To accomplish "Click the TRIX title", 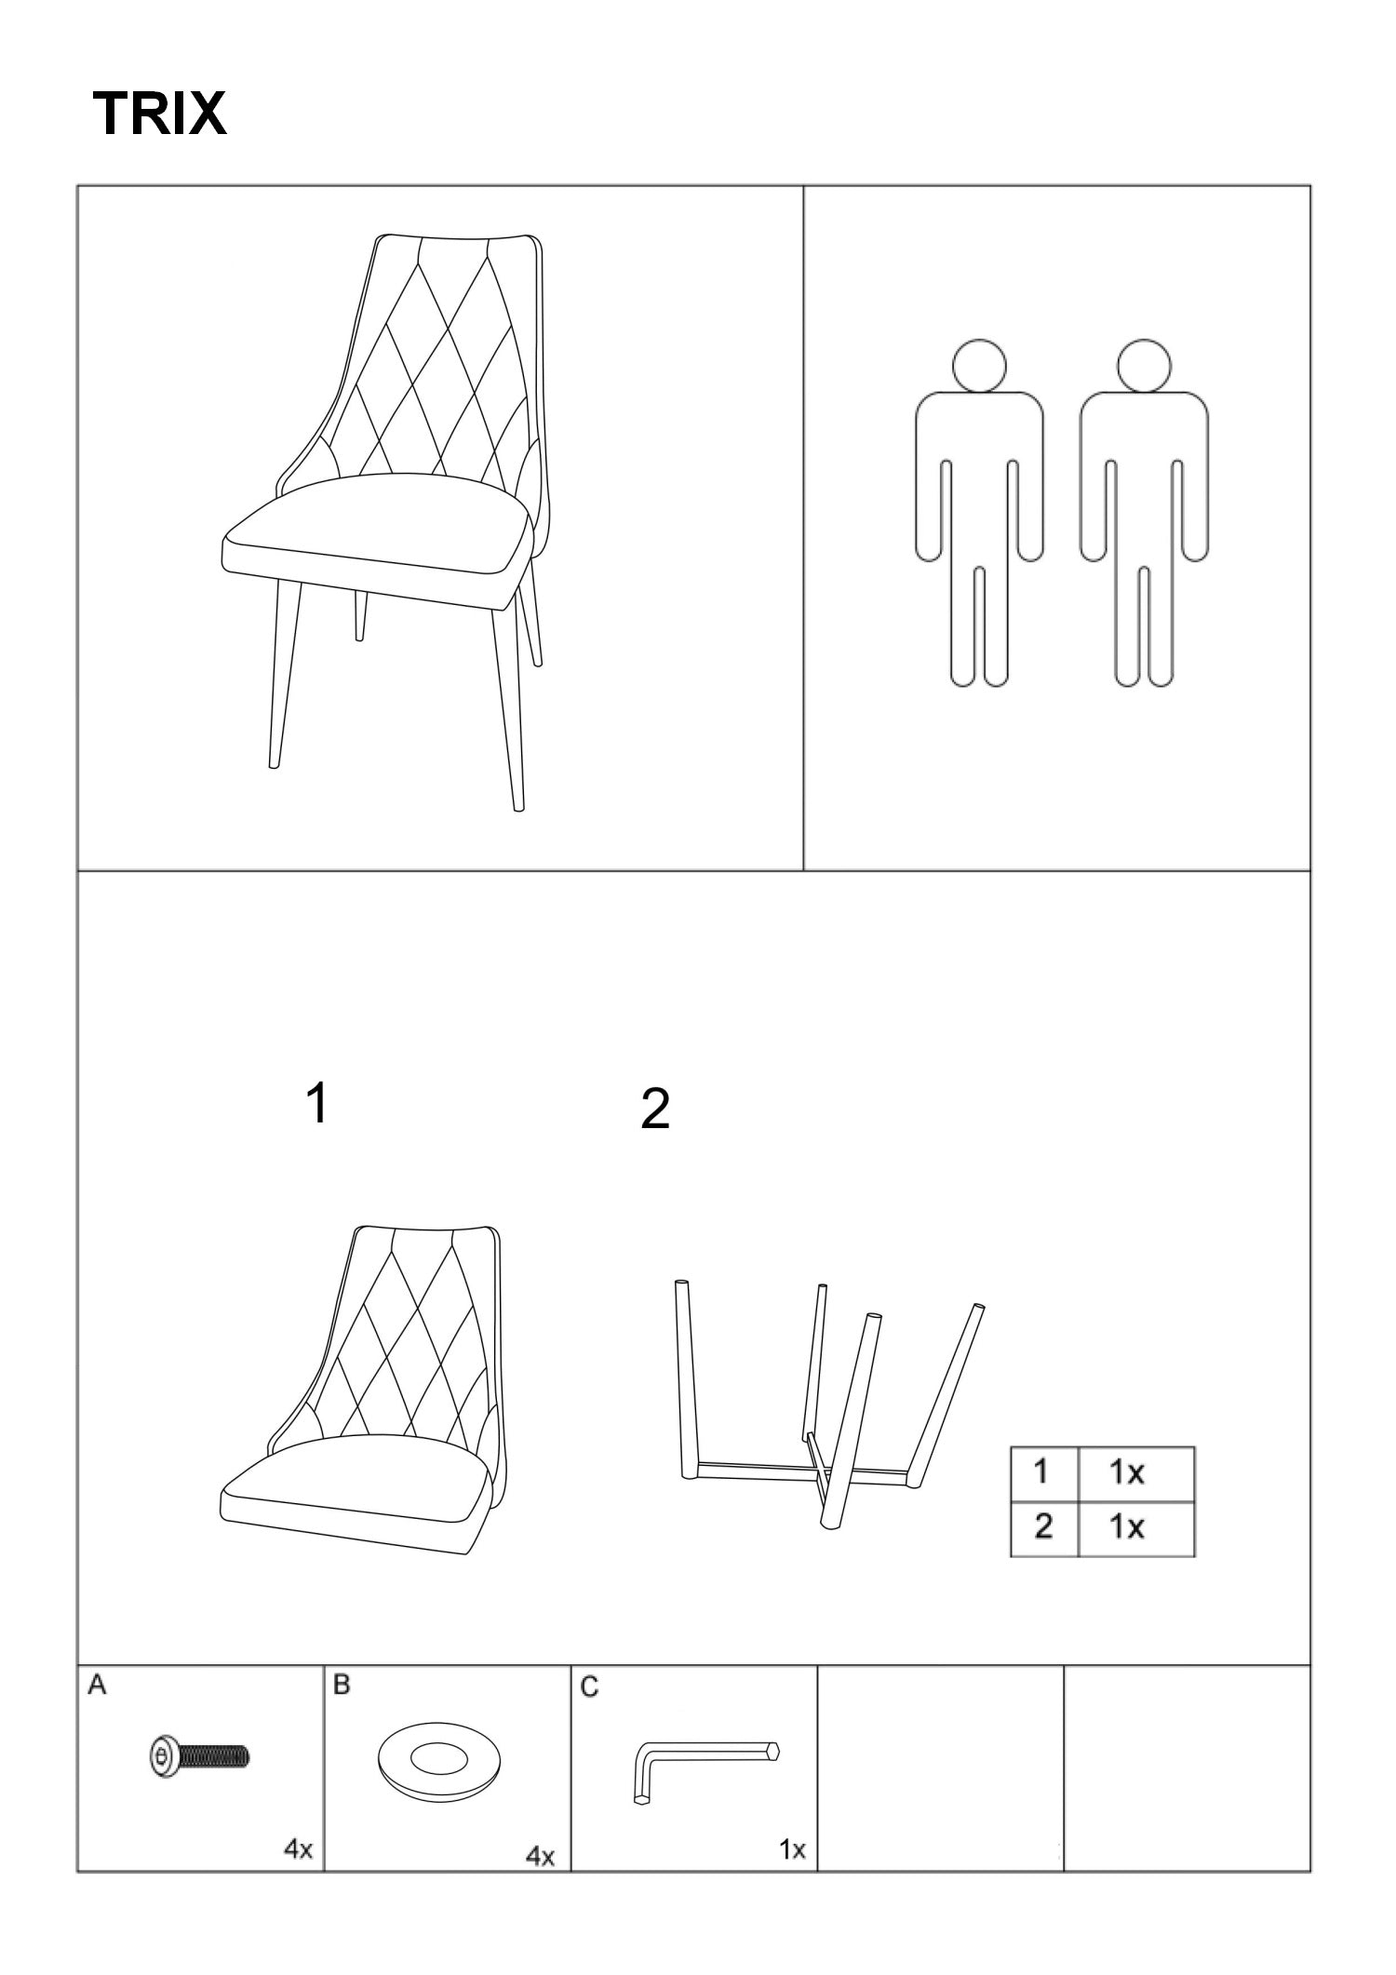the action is (x=160, y=114).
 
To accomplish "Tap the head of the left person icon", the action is (x=979, y=365).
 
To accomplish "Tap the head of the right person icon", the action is (x=1145, y=365).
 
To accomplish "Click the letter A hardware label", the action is (x=97, y=1686).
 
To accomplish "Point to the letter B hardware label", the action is (x=342, y=1686).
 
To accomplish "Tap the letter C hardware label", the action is (x=589, y=1686).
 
